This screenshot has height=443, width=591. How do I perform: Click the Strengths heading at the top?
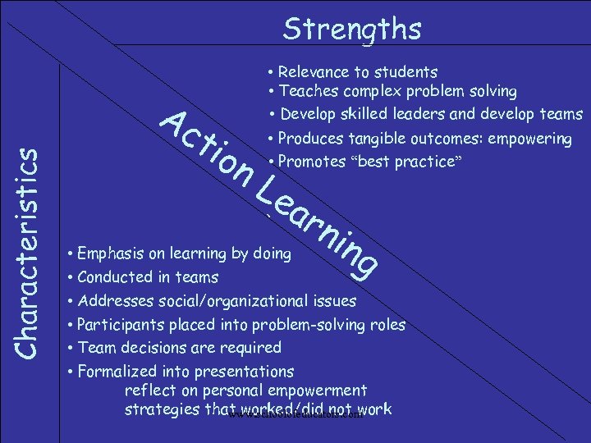(352, 30)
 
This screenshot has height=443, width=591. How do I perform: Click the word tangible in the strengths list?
(379, 139)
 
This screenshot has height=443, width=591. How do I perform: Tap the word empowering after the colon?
(531, 139)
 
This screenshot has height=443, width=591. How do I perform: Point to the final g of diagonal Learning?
(365, 261)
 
